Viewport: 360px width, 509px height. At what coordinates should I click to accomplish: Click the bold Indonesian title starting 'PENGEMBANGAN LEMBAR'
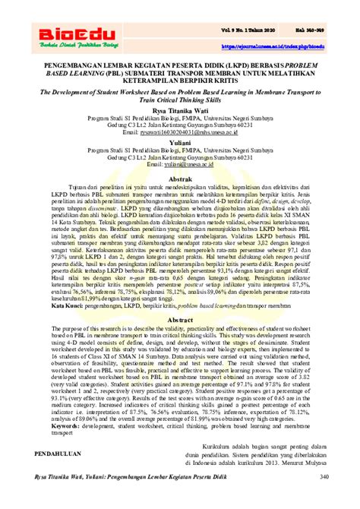click(179, 80)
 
